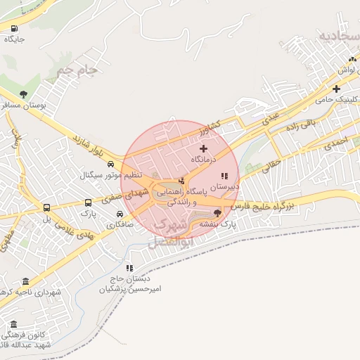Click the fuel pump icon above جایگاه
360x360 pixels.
pyautogui.click(x=14, y=29)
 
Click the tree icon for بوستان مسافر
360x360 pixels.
pyautogui.click(x=24, y=94)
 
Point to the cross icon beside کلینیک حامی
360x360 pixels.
pyautogui.click(x=337, y=89)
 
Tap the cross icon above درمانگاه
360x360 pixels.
pyautogui.click(x=204, y=148)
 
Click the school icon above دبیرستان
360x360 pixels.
pyautogui.click(x=224, y=176)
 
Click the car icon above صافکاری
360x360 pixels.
pyautogui.click(x=121, y=214)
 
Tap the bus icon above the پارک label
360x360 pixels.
pyautogui.click(x=47, y=208)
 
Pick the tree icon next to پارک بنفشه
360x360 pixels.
pyautogui.click(x=217, y=213)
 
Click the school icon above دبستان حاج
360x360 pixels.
pyautogui.click(x=129, y=267)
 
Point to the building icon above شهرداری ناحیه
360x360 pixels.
pyautogui.click(x=25, y=281)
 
